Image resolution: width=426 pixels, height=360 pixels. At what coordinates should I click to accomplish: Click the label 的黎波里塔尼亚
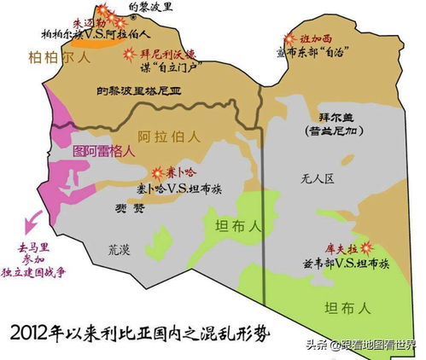pos(143,90)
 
